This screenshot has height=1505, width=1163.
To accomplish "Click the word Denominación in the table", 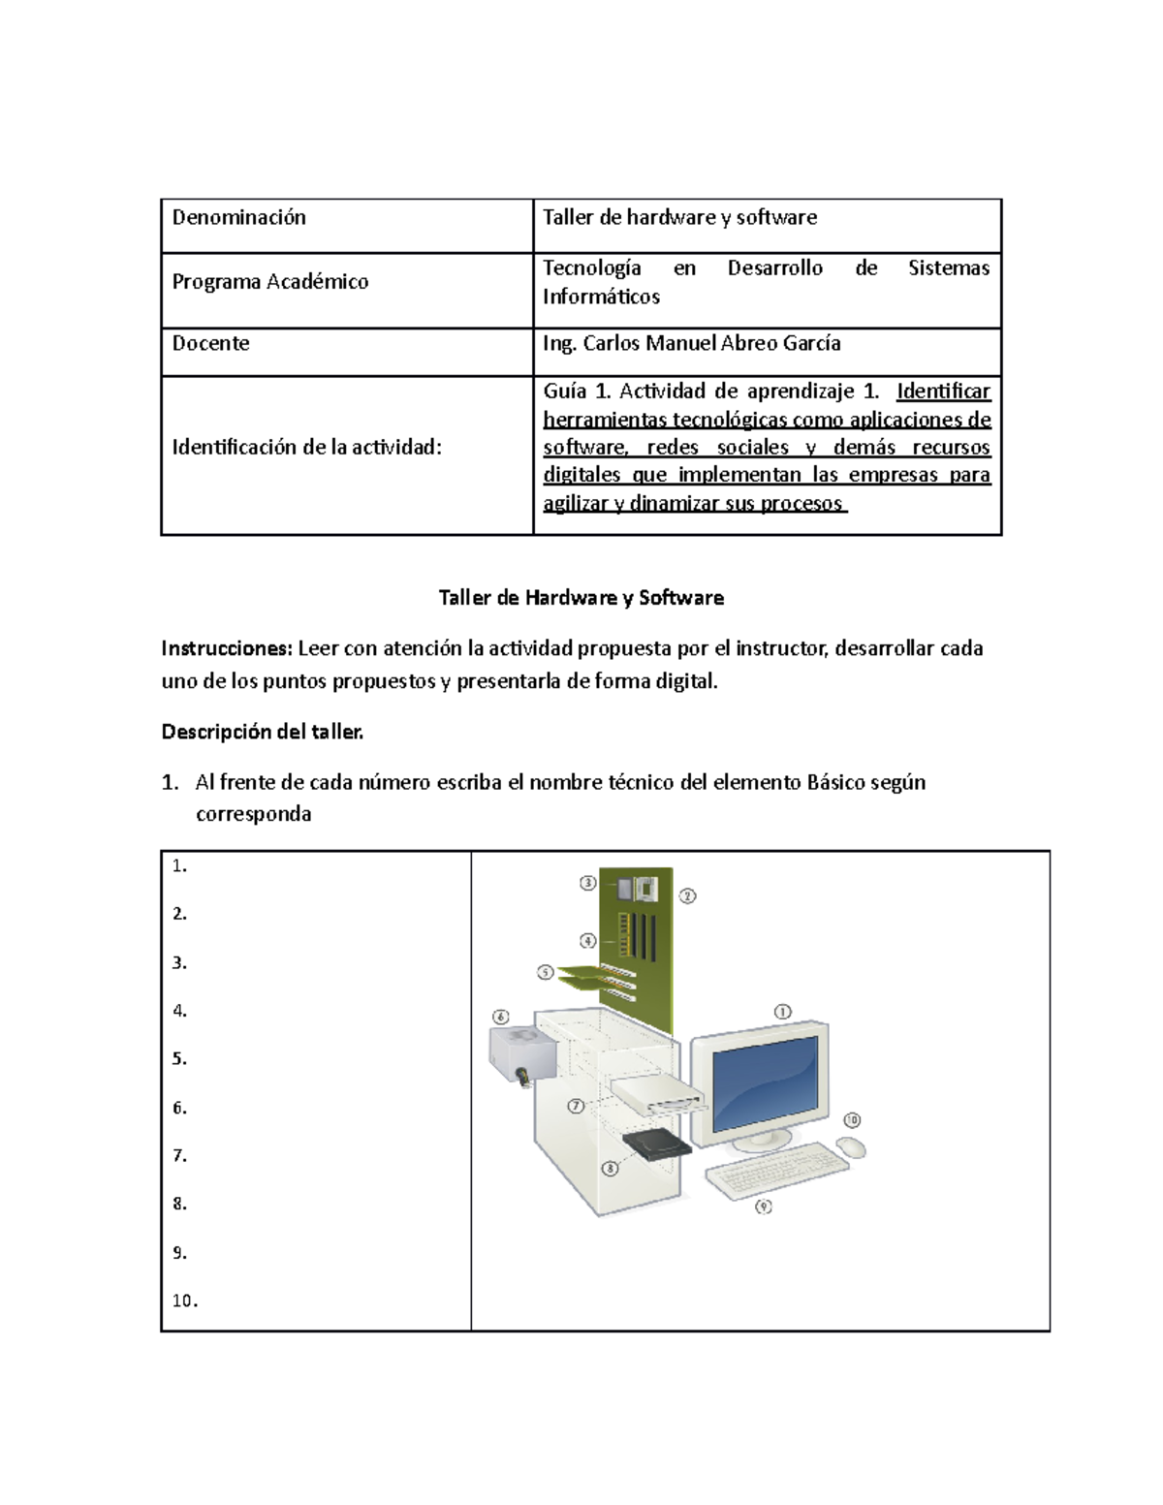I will (x=238, y=218).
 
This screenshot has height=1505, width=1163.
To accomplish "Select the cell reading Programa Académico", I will (x=270, y=282).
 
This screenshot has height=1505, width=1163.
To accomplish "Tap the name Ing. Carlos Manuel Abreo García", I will (x=691, y=344).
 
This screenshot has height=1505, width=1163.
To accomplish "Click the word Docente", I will (x=210, y=344).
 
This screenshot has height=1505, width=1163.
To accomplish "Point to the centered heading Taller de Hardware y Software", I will (x=581, y=598).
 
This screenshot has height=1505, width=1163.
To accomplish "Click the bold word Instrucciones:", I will (x=226, y=648).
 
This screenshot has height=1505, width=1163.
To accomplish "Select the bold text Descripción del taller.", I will (x=262, y=733).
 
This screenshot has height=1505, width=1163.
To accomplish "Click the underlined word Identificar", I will (x=943, y=392).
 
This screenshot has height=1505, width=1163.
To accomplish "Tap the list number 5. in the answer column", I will (x=179, y=1059).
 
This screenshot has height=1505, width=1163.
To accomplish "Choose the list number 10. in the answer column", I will (x=184, y=1301).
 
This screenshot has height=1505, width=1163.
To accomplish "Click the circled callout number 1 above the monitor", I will (x=782, y=1012).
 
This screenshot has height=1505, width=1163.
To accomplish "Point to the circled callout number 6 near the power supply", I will (x=500, y=1017).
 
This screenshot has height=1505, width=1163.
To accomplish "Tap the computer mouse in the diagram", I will (x=851, y=1147).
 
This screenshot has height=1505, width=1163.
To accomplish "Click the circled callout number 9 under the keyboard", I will (x=764, y=1207).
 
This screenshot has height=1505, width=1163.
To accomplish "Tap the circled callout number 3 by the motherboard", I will (x=587, y=883).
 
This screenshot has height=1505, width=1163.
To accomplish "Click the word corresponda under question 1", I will (x=253, y=814).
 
